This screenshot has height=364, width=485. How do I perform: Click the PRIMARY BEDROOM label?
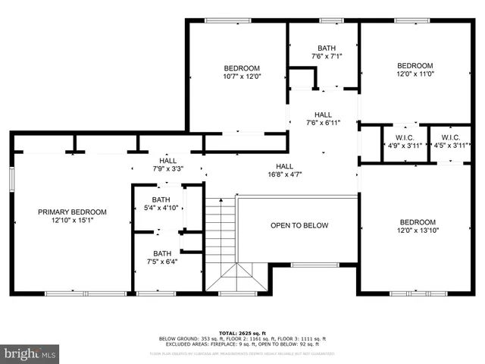click(x=72, y=212)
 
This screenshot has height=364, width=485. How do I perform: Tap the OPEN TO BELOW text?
click(x=299, y=225)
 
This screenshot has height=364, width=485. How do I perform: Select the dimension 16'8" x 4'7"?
click(x=284, y=175)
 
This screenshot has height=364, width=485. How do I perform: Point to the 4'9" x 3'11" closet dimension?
click(x=402, y=146)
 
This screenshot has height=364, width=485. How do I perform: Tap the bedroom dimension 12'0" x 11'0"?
click(x=415, y=75)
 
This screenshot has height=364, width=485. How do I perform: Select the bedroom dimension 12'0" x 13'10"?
click(x=419, y=231)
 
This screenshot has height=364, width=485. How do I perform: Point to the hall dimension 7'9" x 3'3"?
click(x=167, y=170)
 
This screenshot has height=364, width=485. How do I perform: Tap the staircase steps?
click(x=221, y=227)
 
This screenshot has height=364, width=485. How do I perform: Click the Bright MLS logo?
click(x=30, y=353)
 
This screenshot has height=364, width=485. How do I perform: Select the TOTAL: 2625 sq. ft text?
click(x=242, y=333)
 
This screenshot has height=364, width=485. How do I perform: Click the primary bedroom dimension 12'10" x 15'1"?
click(x=72, y=221)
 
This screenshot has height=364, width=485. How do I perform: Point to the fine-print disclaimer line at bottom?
click(x=242, y=353)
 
